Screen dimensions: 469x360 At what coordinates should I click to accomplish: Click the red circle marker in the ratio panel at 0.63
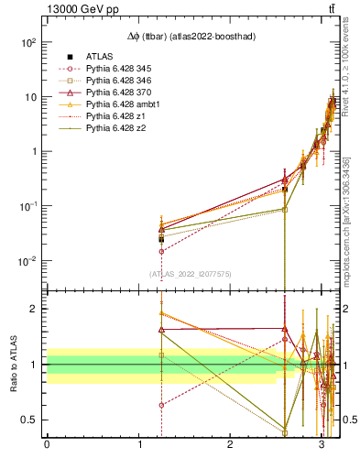tap(161, 405)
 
